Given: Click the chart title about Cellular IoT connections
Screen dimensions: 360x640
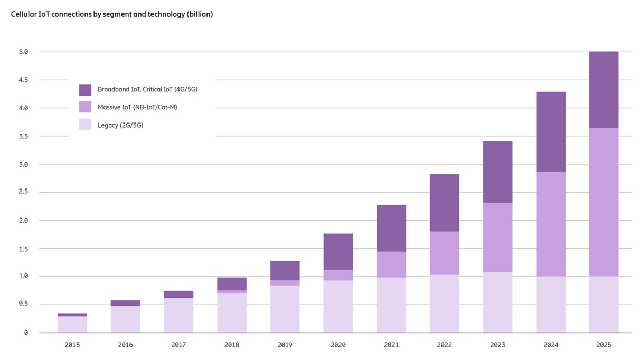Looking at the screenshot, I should pos(112,15).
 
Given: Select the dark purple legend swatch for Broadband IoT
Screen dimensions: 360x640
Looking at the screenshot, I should pos(85,90).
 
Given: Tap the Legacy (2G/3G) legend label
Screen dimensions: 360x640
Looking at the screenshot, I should pos(120,125).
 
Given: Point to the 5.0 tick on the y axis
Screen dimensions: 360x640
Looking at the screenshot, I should pos(23,52).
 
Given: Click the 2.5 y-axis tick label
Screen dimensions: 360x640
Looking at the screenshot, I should pos(23,192).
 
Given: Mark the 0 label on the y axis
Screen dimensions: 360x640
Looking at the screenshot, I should pos(25,333).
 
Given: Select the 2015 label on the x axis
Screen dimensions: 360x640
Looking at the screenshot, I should pos(72,345).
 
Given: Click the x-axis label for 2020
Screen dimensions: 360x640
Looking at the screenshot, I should pos(338,345).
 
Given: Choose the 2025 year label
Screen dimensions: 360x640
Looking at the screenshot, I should pos(604,345).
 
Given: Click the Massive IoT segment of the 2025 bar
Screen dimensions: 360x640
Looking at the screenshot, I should pos(604,202).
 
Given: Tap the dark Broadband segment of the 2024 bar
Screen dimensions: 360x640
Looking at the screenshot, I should pos(551,132).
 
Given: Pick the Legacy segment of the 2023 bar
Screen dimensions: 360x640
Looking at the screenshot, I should pos(497,302).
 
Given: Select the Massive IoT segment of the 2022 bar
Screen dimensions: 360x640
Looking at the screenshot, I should pos(444,253).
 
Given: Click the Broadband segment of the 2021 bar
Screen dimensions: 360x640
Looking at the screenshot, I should pos(391,228).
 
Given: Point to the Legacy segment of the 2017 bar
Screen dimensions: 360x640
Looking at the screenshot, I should pos(178,315).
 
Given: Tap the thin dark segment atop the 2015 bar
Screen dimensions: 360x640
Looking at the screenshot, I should pos(72,315).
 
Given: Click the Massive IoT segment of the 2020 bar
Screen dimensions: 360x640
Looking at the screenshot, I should pos(338,275).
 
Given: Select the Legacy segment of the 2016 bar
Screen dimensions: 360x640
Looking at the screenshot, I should pos(126,319).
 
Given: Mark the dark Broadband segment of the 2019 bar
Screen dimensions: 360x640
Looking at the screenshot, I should pos(285,270).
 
